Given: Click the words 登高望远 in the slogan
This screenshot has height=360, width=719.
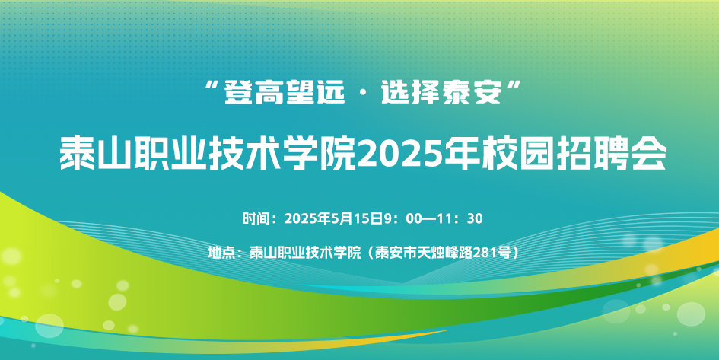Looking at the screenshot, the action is pyautogui.click(x=284, y=92).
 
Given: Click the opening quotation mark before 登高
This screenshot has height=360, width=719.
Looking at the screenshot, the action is pyautogui.click(x=212, y=85).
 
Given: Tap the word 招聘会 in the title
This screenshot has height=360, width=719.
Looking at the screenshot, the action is pyautogui.click(x=611, y=154).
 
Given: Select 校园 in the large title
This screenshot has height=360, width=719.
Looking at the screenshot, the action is pyautogui.click(x=517, y=154).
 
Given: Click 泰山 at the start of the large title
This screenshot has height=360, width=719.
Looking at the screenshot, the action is pyautogui.click(x=97, y=154).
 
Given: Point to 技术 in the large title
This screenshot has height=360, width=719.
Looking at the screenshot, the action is pyautogui.click(x=245, y=154).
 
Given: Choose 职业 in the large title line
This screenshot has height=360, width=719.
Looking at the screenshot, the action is pyautogui.click(x=170, y=154).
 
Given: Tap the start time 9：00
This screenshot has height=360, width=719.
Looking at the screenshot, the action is pyautogui.click(x=402, y=218).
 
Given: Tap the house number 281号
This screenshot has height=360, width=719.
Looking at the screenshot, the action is pyautogui.click(x=491, y=252).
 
